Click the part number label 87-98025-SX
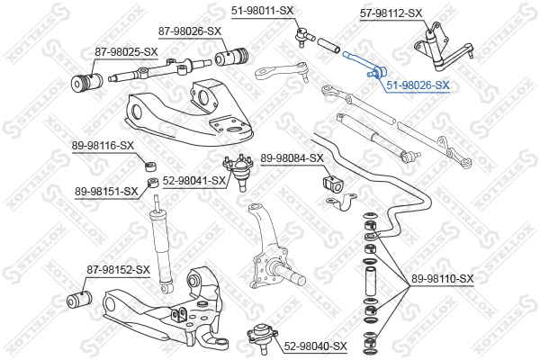coord(112,51)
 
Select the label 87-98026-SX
coord(190,31)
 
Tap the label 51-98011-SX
coord(263,11)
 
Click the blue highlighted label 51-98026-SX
coord(418,85)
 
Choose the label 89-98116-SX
coord(103,145)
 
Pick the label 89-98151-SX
coord(106,190)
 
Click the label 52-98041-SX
coord(194,181)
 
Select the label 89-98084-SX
coord(292,158)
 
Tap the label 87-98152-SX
coord(118,269)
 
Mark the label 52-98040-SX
coord(315,346)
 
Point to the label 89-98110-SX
coord(441,279)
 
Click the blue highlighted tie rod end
coord(365,62)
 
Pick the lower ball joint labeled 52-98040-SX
coord(261,341)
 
